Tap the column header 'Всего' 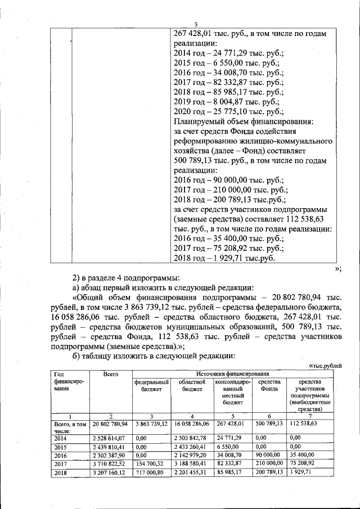110,374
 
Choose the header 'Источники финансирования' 233,374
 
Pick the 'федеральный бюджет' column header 151,386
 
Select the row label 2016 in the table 60,456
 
